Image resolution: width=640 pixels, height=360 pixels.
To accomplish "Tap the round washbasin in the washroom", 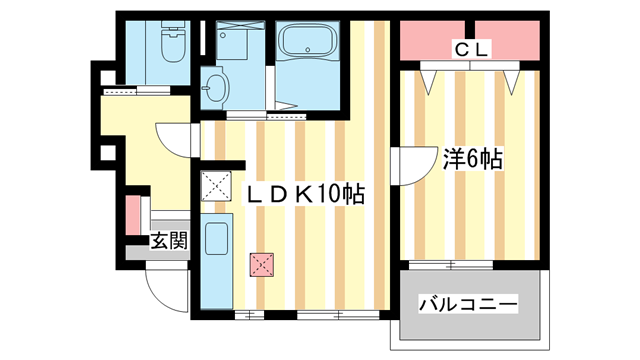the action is pos(215,87).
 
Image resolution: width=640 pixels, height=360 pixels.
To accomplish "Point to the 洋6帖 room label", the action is pos(472,158).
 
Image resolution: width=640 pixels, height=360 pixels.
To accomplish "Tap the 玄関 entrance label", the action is pos(169,240).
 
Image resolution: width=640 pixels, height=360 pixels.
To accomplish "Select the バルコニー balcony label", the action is pos(467,303).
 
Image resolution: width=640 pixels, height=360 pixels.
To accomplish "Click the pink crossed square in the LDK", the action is pos(261,264).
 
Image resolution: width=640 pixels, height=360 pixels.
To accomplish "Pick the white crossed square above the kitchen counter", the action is pos(214,185).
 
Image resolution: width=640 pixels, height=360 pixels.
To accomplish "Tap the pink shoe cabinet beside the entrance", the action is pos(131,216).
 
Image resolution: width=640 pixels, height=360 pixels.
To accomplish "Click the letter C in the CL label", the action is pos(461,47).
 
